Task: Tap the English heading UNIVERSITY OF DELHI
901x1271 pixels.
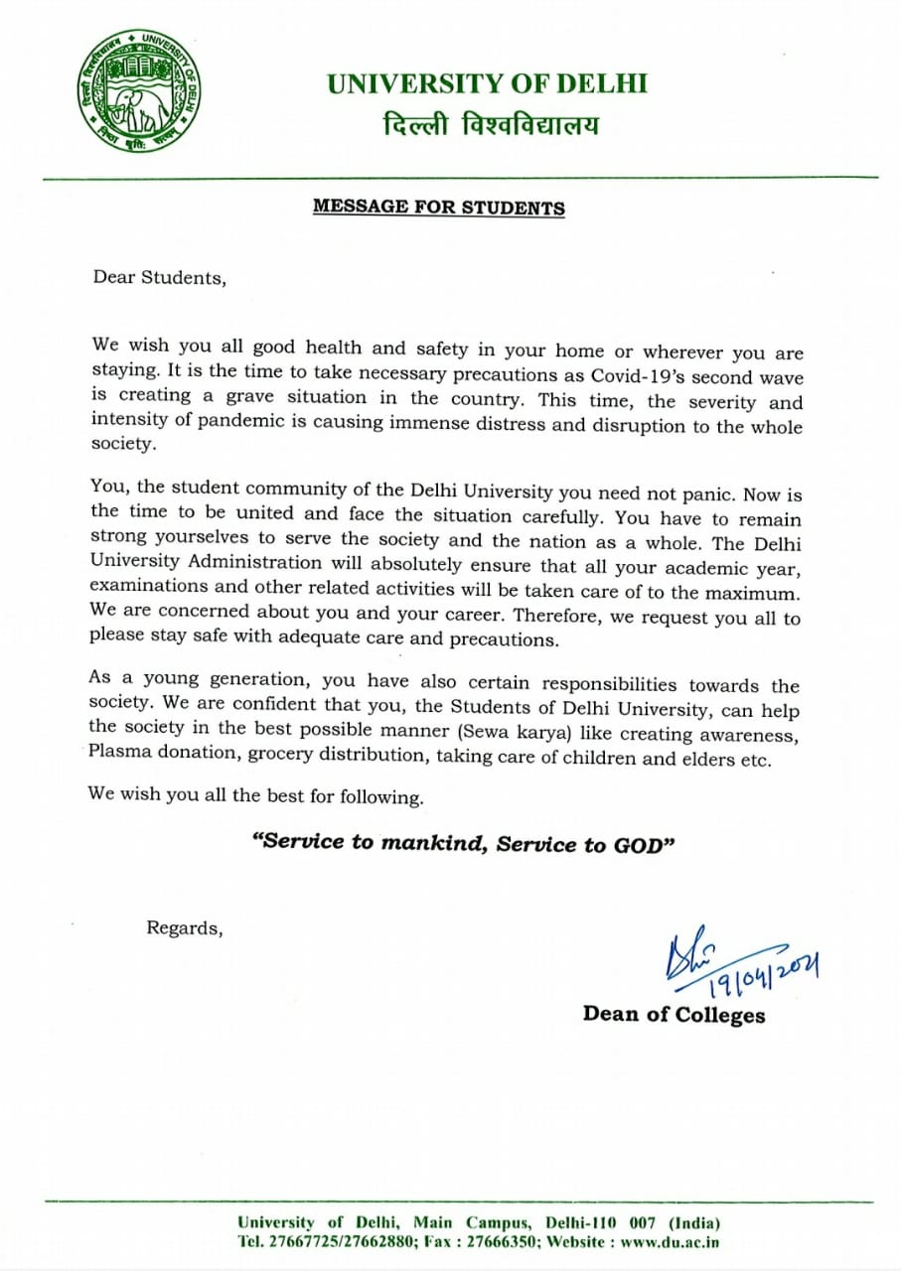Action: [x=488, y=83]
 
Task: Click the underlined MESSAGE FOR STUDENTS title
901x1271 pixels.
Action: [x=439, y=208]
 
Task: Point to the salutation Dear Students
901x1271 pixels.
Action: [x=159, y=277]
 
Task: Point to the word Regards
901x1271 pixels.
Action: [x=184, y=928]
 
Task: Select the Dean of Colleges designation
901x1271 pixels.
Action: [x=674, y=1014]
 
